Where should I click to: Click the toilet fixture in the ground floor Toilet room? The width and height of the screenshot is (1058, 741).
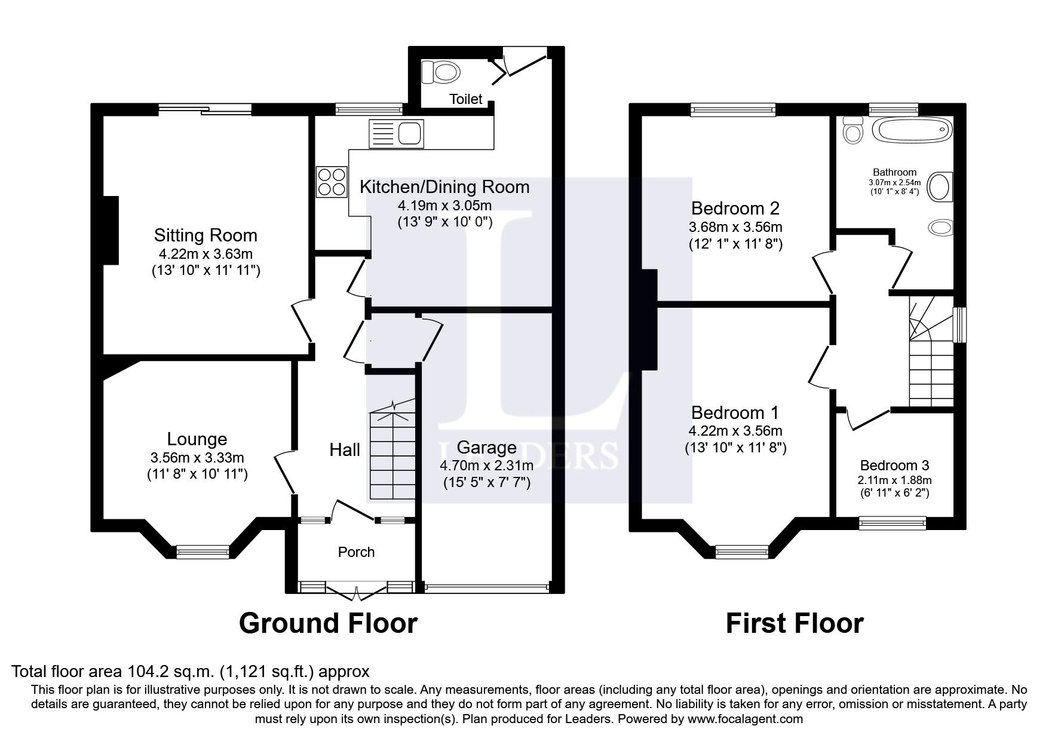[441, 73]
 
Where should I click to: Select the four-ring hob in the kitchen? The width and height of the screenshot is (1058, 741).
[332, 181]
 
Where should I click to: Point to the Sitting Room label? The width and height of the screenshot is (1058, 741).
[206, 235]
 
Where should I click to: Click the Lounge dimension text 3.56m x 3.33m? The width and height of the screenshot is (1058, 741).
[197, 458]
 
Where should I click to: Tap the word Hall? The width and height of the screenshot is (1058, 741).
[345, 450]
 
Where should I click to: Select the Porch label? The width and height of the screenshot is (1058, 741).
[356, 552]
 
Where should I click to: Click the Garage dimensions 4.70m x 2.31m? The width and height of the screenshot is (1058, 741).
[486, 466]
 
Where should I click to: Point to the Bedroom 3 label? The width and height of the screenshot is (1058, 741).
[894, 465]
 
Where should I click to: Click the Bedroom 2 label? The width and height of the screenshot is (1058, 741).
[735, 208]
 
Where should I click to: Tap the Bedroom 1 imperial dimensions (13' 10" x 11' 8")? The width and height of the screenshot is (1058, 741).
[735, 448]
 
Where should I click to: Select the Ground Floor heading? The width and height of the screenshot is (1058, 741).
[328, 623]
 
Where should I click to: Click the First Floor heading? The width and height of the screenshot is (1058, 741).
[794, 623]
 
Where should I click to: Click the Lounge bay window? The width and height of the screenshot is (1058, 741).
[203, 551]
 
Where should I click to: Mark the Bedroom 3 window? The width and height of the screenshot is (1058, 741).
[892, 523]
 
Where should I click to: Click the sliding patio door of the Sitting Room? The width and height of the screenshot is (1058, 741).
[205, 109]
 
